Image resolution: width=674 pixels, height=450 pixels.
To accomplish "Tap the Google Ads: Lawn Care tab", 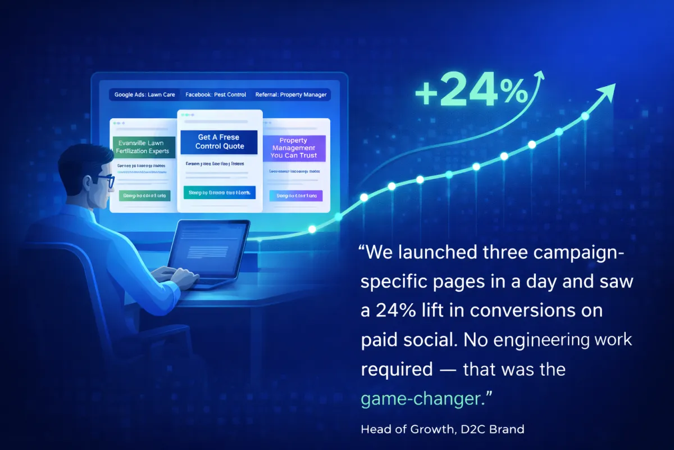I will (x=144, y=94).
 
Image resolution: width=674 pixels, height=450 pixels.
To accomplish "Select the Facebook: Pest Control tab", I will (x=216, y=94).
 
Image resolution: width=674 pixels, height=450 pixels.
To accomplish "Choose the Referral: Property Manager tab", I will (x=291, y=94).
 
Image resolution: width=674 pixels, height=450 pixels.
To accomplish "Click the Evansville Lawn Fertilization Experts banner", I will (x=144, y=147).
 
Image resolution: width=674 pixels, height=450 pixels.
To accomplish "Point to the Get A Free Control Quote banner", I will (x=220, y=142).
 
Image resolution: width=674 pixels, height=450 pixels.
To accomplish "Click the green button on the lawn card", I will (x=143, y=196).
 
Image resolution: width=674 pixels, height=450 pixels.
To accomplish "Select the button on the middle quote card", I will (x=220, y=193).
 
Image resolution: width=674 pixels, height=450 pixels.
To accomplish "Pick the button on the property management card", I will (x=296, y=196).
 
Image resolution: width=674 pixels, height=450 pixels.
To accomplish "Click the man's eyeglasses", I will (x=104, y=180).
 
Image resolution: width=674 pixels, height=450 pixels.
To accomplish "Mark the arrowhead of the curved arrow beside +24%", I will (x=540, y=75).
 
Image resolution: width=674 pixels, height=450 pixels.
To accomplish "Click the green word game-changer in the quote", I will (x=421, y=399).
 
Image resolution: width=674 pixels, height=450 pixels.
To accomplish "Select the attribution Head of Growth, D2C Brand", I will (x=443, y=429).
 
